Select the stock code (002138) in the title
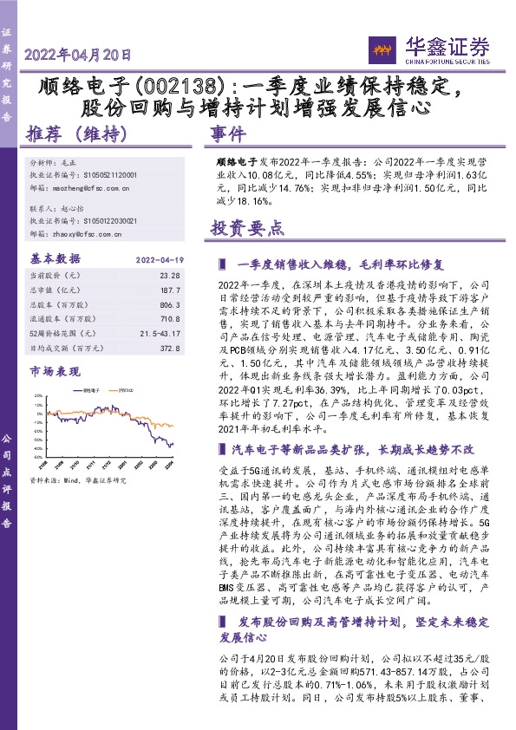tap(179, 88)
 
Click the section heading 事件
tap(229, 134)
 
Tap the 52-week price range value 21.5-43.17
tap(161, 336)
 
